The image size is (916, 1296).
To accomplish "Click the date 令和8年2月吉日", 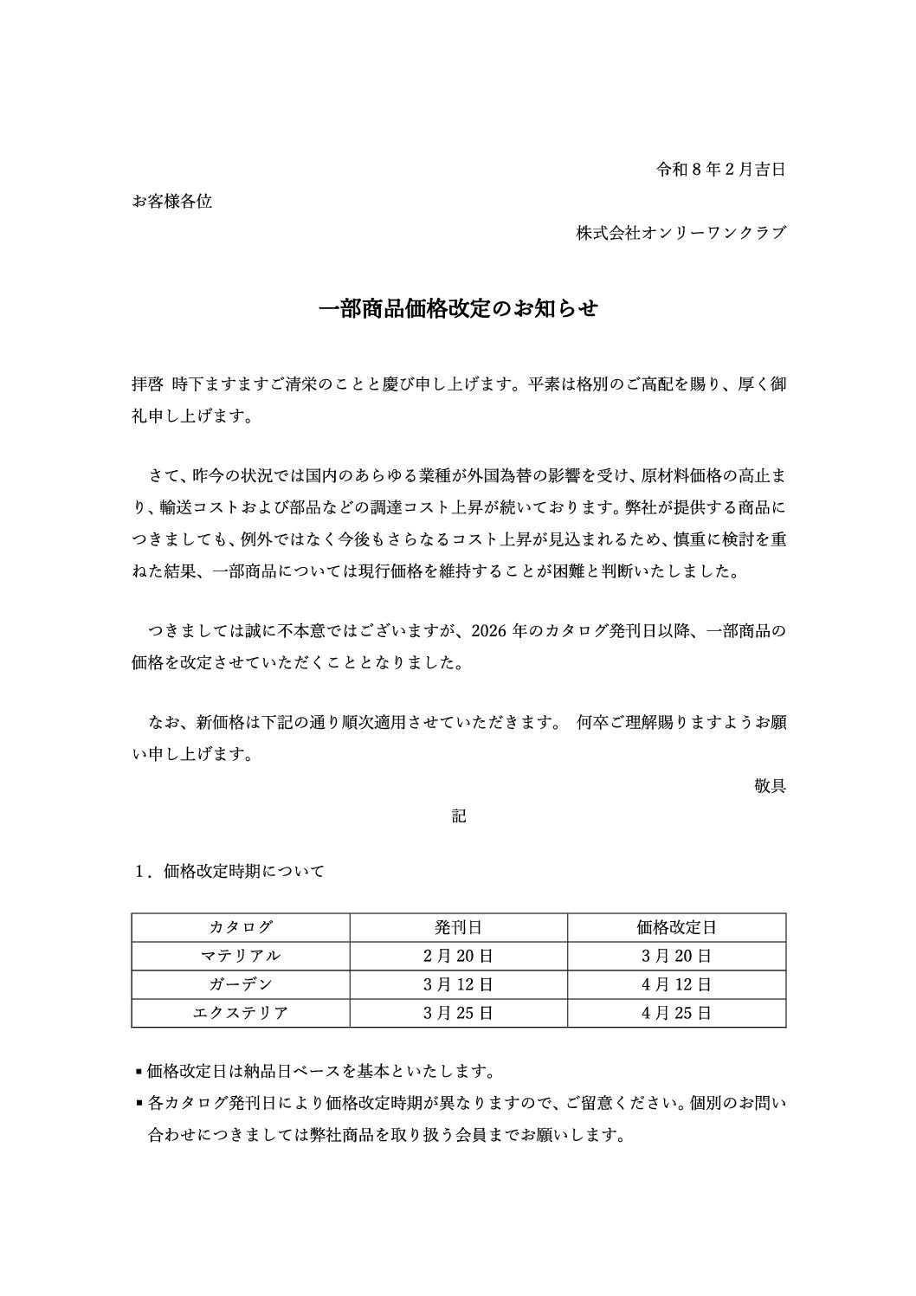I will click(721, 170).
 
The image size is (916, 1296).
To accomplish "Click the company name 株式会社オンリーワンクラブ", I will click(681, 233).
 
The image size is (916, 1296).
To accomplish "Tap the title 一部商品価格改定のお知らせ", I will click(458, 309).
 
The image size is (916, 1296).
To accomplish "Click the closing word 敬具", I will click(770, 786).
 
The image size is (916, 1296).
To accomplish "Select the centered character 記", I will click(459, 816).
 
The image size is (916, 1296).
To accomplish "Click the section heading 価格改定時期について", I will click(243, 871).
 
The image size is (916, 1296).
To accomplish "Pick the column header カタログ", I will click(241, 927).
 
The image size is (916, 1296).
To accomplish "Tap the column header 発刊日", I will click(459, 927).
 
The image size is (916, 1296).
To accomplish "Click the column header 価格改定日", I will click(676, 927).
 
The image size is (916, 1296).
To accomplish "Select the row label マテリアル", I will click(241, 956).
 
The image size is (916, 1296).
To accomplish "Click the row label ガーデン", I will click(241, 984).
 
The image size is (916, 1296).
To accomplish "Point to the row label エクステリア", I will click(241, 1013).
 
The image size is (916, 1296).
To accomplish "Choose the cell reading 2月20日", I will click(459, 956).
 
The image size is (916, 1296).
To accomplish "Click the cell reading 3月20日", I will click(676, 956).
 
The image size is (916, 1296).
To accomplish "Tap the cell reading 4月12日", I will click(676, 984).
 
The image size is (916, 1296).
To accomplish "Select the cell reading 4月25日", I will click(676, 1013).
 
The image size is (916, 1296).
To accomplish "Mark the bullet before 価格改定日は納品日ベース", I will click(139, 1073).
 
